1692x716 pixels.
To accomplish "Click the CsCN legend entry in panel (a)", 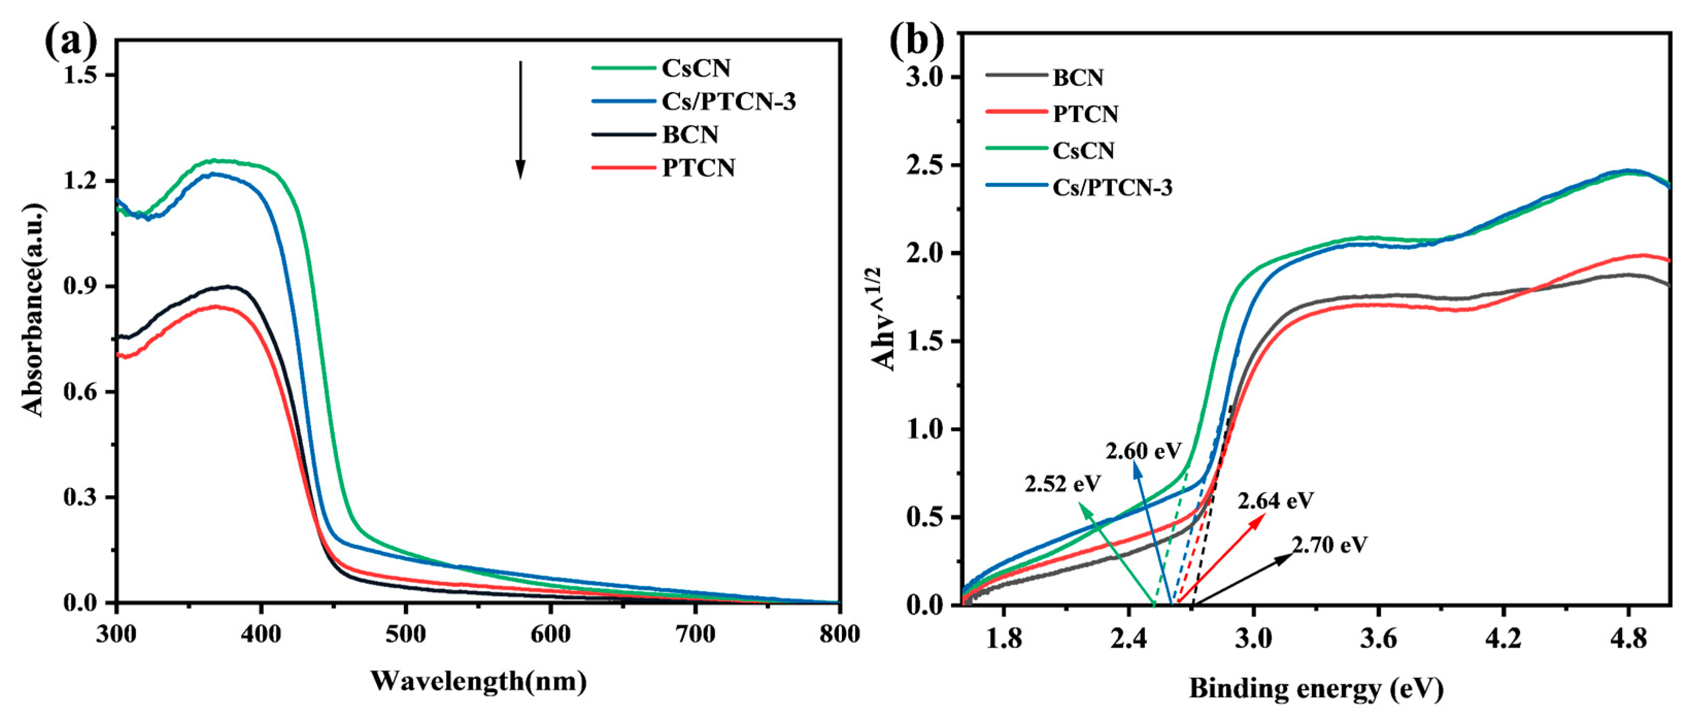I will pos(696,68).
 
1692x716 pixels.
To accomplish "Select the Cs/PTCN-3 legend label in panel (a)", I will pos(729,102).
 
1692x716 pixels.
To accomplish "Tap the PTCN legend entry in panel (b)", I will pos(1085,114).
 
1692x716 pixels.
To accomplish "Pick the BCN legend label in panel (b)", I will pos(1078,77).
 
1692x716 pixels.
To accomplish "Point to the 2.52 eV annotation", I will pos(1062,484).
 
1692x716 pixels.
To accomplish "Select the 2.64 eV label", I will pos(1276,501).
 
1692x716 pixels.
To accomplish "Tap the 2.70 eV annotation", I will pos(1329,544).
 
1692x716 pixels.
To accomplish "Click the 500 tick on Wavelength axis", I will pos(406,635).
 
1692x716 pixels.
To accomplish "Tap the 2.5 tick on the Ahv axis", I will pos(925,165).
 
